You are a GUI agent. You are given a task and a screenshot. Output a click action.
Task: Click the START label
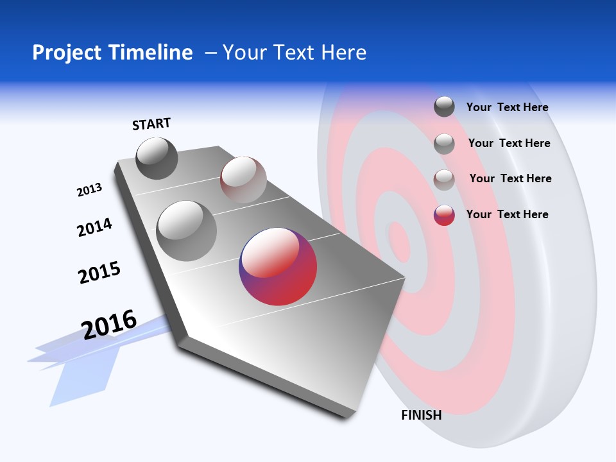tap(151, 124)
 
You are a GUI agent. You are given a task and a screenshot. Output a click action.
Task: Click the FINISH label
tap(421, 415)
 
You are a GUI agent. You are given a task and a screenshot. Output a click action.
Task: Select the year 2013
tap(89, 190)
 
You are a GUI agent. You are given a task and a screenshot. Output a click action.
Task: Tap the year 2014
tap(94, 227)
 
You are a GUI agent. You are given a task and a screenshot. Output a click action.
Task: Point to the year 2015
tap(99, 273)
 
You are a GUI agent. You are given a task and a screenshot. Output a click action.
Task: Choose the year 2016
tap(109, 324)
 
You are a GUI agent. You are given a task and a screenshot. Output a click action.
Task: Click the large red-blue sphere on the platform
tap(278, 266)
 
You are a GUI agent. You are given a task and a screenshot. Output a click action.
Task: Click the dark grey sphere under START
tap(157, 158)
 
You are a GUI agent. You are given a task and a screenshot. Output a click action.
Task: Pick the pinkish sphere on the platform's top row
tap(243, 180)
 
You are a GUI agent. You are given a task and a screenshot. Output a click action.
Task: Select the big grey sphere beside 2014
tap(186, 230)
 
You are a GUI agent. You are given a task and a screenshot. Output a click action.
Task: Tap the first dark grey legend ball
tap(444, 107)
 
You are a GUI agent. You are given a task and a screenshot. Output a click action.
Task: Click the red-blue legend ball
tap(444, 215)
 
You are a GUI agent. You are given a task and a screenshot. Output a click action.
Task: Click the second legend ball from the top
tap(444, 144)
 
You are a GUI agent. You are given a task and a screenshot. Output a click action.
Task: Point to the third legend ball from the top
tap(444, 180)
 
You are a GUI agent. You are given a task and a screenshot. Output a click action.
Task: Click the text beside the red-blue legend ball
tap(507, 214)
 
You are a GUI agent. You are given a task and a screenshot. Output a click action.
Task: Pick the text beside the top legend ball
tap(507, 107)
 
